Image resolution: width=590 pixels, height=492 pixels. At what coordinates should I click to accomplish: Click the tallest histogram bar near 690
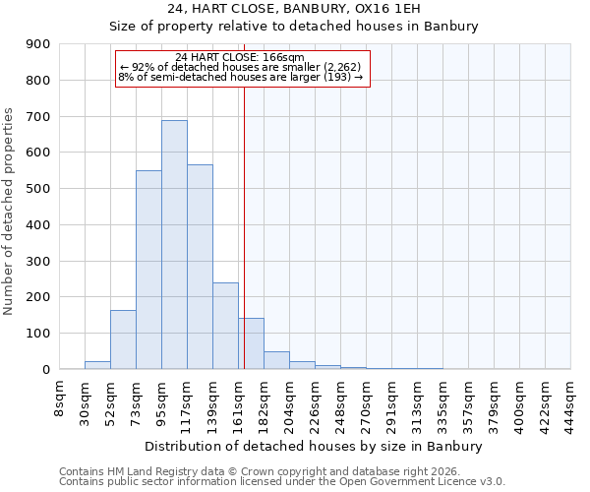point(174,245)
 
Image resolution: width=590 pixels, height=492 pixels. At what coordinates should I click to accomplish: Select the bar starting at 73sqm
point(148,270)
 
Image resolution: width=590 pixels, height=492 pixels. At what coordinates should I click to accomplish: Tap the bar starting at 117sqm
point(200,267)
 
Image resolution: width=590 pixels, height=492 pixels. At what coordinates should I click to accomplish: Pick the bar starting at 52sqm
point(123,339)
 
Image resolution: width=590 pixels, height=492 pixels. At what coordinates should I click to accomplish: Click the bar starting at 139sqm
point(225,326)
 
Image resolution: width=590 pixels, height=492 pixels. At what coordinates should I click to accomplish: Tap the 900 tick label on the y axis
point(38,44)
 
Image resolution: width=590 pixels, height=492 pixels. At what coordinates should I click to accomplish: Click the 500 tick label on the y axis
point(38,189)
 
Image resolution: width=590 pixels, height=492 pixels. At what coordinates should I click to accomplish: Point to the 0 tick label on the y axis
point(45,369)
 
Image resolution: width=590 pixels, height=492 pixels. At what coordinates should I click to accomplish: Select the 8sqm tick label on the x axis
point(60,399)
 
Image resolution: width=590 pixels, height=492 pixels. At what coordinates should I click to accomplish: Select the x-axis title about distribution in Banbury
point(315,447)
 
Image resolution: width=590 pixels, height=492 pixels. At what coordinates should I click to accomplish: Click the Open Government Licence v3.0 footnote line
point(282,482)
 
